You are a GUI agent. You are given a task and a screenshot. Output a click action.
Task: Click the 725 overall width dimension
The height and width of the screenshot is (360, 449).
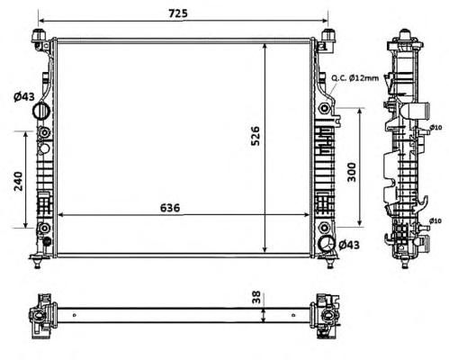tap(178, 13)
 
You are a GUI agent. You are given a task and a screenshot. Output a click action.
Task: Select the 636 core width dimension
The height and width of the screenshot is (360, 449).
tap(170, 208)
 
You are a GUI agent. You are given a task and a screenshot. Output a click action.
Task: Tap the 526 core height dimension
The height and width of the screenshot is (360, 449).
tap(256, 136)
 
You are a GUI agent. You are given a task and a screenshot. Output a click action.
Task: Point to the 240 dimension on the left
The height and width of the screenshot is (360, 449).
tap(19, 181)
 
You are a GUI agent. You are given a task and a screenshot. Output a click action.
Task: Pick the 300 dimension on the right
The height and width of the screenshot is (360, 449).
tap(351, 172)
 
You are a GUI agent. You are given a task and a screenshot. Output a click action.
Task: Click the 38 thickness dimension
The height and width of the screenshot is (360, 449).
tap(256, 298)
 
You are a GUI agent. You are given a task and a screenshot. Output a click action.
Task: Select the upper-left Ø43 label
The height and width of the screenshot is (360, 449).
tap(24, 96)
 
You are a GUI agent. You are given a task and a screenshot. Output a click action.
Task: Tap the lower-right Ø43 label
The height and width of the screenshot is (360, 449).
tap(349, 245)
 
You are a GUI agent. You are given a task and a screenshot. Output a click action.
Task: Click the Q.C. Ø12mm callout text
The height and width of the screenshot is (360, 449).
tap(355, 78)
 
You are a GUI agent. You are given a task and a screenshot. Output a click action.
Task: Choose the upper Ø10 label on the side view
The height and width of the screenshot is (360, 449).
tap(436, 128)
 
